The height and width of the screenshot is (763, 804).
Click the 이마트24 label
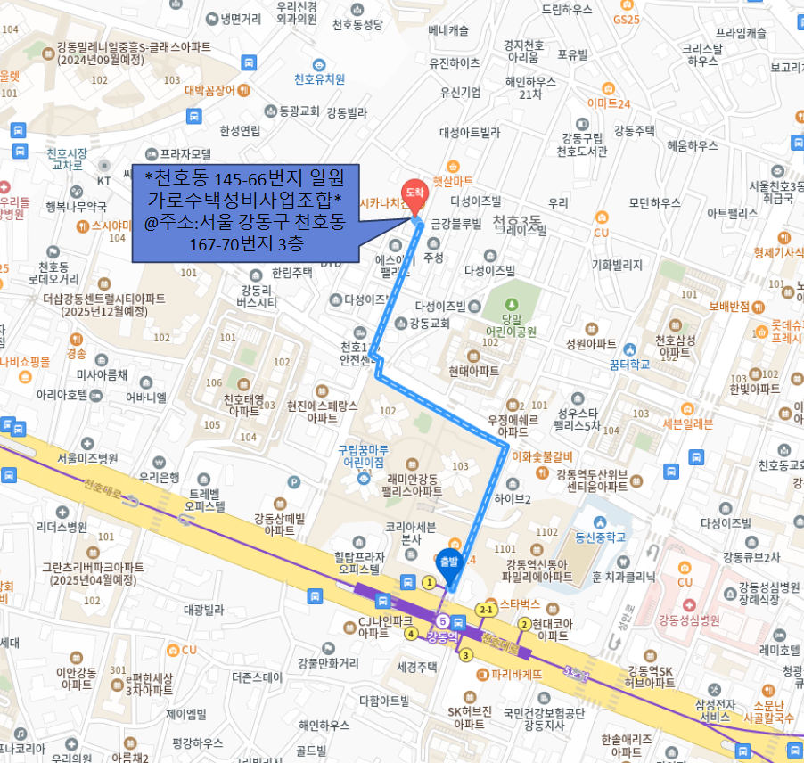coord(608,103)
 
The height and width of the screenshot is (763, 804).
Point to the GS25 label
coord(626,19)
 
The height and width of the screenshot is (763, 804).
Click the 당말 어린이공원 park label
coord(512,325)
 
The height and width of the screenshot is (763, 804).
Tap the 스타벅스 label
coord(521,603)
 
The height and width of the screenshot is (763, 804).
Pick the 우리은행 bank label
coord(159,478)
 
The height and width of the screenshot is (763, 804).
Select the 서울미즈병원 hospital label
coord(87,458)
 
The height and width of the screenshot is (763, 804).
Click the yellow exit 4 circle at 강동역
coord(411,634)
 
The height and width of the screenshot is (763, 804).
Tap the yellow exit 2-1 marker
coord(487,610)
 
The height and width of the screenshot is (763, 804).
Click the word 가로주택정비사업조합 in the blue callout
coord(245,197)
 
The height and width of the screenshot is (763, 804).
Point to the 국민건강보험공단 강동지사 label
coord(544,718)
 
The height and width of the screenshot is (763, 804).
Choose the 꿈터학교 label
coord(633,364)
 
